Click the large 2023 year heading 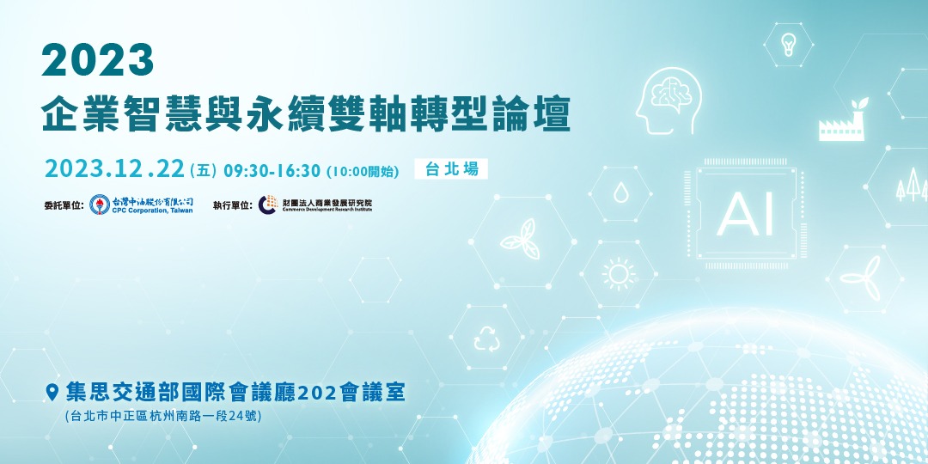pyautogui.click(x=98, y=61)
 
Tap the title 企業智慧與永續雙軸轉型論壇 pyautogui.click(x=306, y=113)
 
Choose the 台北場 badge pyautogui.click(x=451, y=169)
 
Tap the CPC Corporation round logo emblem pyautogui.click(x=100, y=205)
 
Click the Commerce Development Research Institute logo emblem pyautogui.click(x=268, y=205)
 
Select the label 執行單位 pyautogui.click(x=233, y=205)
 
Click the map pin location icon pyautogui.click(x=52, y=393)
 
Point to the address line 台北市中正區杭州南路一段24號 pyautogui.click(x=162, y=417)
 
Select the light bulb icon pyautogui.click(x=788, y=43)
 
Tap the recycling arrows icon pyautogui.click(x=486, y=339)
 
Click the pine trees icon pyautogui.click(x=911, y=185)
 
